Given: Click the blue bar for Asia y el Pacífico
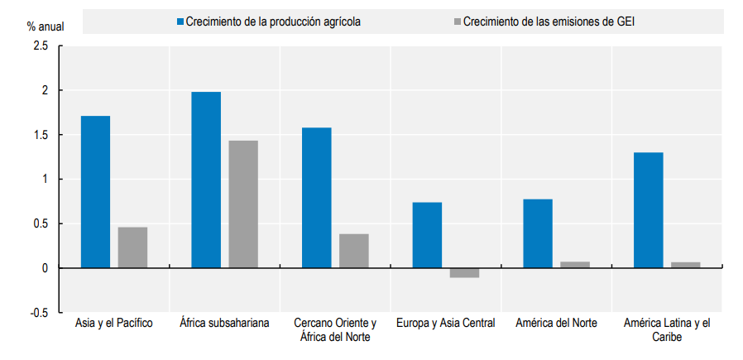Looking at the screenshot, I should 95,192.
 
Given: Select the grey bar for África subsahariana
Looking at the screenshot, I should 243,204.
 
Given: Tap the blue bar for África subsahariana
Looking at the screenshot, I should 206,180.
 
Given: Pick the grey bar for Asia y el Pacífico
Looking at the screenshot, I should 132,247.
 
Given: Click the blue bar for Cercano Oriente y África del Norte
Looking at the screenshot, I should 317,198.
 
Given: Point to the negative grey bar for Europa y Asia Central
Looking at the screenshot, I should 464,272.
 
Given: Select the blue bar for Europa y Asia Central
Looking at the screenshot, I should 427,235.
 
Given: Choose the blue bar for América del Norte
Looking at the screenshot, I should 538,233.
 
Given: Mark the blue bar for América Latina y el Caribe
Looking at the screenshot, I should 648,210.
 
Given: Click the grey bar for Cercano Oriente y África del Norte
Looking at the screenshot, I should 354,251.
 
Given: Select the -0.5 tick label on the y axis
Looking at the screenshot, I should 39,313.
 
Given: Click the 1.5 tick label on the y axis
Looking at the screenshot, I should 41,135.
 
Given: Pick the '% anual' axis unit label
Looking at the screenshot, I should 46,26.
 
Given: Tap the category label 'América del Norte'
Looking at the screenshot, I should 556,324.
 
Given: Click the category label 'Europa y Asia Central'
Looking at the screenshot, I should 446,324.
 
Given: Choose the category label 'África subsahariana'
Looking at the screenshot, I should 224,324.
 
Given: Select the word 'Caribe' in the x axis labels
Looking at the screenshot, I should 667,338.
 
